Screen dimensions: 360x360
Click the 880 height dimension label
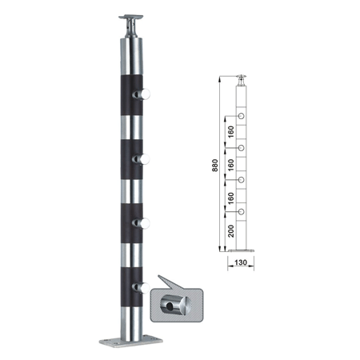(x=215, y=165)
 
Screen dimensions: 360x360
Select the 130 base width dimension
(x=241, y=262)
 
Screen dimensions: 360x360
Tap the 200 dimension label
(x=231, y=231)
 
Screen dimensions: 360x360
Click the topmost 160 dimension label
(x=231, y=132)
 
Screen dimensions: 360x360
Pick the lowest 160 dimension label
(x=231, y=198)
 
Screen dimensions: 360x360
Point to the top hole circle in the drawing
(x=241, y=116)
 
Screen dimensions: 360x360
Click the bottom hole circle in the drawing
(x=241, y=212)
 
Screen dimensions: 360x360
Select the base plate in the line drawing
(x=241, y=250)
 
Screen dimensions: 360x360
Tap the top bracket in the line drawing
(x=242, y=80)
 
